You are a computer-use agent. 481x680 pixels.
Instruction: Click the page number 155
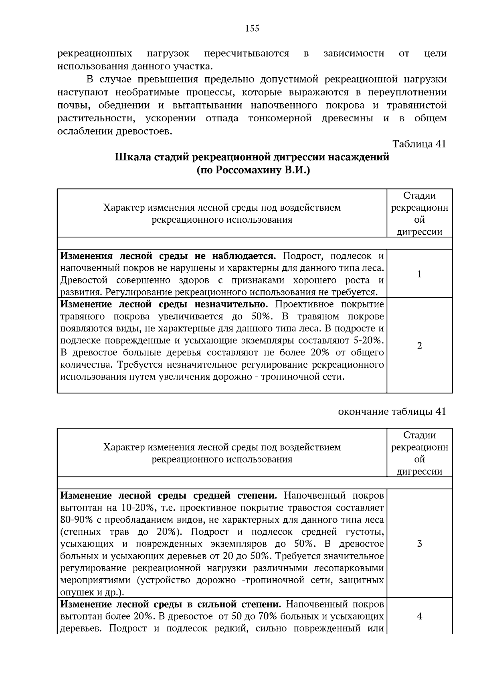point(252,28)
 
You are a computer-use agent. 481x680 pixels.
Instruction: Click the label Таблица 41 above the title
point(419,144)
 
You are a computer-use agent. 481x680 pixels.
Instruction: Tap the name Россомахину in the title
point(248,170)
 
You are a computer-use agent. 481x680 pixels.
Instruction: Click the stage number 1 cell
point(419,274)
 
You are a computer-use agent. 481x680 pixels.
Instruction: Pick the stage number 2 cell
point(419,346)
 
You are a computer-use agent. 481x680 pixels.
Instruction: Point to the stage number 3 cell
point(419,544)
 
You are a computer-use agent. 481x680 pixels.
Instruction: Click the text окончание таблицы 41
point(392,412)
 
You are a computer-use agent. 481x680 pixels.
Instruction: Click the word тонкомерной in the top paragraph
point(280,119)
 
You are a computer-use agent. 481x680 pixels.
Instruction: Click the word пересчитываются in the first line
point(246,54)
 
